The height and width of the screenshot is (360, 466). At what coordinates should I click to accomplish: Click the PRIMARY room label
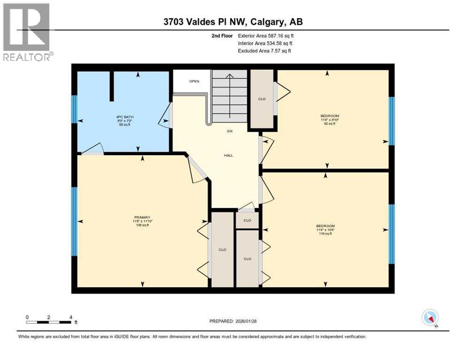[x=142, y=217]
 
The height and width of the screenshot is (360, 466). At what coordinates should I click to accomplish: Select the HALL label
[x=228, y=156]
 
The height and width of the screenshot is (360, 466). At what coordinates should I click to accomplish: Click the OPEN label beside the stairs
[x=194, y=81]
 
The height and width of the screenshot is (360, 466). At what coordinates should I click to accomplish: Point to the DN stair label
[x=230, y=131]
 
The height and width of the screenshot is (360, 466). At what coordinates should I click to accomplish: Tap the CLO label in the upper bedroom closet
[x=262, y=99]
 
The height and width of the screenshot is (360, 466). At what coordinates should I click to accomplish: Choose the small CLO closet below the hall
[x=247, y=220]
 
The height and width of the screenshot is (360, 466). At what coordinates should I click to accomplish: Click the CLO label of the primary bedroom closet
[x=222, y=249]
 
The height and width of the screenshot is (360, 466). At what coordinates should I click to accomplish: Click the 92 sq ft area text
[x=330, y=124]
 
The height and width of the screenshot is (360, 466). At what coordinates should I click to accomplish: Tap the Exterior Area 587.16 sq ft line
[x=266, y=35]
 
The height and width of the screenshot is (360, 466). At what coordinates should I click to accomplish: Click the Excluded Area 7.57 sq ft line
[x=264, y=51]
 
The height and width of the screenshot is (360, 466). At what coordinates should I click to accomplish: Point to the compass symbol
[x=430, y=318]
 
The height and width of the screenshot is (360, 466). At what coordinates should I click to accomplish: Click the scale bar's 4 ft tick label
[x=70, y=317]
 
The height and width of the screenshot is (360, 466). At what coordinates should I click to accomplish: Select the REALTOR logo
[x=27, y=31]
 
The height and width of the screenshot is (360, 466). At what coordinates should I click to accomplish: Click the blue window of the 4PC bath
[x=74, y=109]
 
